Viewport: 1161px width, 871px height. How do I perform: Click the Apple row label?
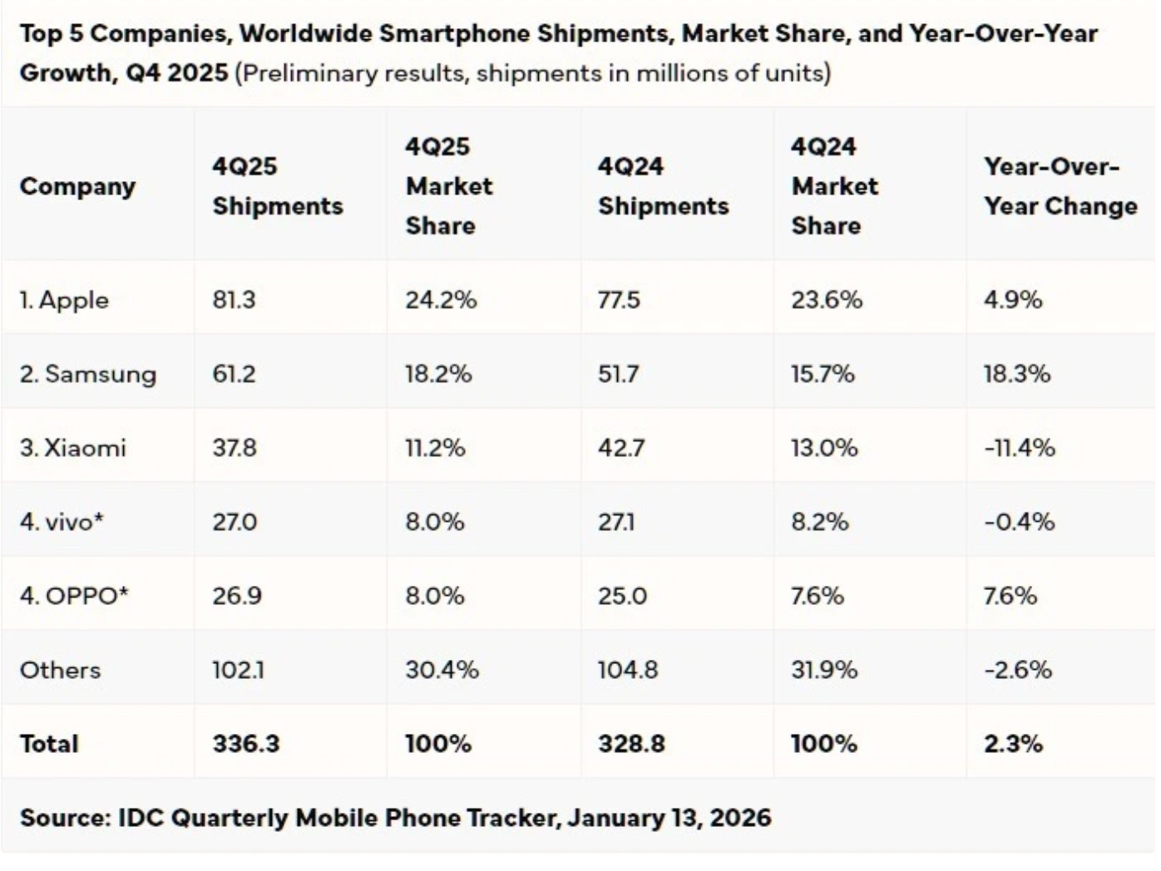64,300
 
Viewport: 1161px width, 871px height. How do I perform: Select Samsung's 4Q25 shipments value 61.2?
234,374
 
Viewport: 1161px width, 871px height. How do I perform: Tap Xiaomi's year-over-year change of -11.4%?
1019,448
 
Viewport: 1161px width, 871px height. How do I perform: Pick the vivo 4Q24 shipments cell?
616,522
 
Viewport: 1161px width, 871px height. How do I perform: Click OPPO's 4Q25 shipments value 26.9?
237,596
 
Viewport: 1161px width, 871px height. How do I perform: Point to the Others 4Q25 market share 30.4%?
442,670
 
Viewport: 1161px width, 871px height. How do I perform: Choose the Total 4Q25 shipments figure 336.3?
246,743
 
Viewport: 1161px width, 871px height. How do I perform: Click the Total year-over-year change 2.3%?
1013,743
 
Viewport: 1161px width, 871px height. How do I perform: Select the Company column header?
77,186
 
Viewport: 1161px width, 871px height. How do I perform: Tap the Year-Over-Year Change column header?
1060,186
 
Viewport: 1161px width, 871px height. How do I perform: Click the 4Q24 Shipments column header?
663,186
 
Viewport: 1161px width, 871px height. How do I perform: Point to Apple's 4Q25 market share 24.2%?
441,300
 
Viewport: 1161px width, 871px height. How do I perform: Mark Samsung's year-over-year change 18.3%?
1016,374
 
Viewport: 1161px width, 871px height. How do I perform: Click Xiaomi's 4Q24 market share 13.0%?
823,448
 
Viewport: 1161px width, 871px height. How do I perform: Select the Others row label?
60,670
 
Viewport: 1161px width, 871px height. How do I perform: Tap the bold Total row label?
49,743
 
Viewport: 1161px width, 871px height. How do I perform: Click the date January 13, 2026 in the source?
669,818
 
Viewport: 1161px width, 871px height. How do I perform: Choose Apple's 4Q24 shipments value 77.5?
619,300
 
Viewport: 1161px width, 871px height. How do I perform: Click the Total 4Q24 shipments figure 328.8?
631,743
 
